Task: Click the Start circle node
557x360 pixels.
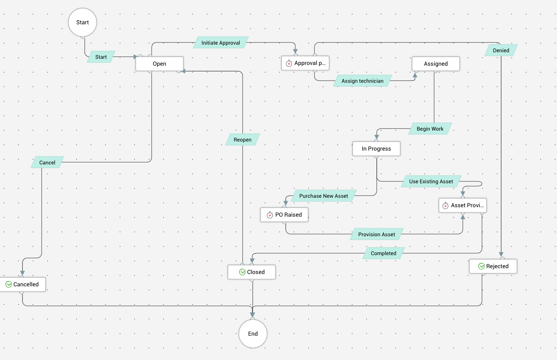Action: point(83,22)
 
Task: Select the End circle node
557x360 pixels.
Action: point(253,334)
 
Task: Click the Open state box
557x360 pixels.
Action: point(160,64)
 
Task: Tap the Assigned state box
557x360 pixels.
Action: point(436,64)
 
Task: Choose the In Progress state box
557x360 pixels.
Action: point(376,149)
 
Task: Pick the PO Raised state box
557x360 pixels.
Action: point(284,215)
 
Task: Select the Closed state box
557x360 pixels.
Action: point(252,272)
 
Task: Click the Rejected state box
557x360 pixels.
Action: point(493,266)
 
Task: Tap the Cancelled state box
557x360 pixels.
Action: point(22,285)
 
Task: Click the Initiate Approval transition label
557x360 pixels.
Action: point(221,43)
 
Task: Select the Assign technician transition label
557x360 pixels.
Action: point(362,81)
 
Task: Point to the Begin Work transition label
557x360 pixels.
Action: point(430,129)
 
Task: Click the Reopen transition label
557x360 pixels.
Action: point(243,140)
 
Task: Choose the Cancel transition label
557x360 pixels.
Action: point(47,163)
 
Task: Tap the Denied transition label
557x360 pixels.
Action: point(501,50)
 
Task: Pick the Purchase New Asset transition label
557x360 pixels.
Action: point(323,196)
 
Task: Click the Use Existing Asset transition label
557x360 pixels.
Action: point(431,181)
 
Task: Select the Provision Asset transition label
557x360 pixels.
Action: point(376,234)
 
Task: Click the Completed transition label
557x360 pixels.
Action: point(383,253)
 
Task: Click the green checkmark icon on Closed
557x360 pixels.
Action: point(243,272)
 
